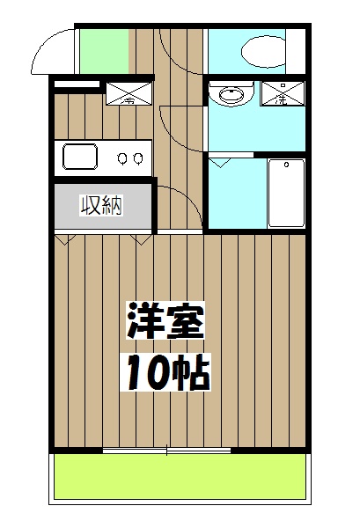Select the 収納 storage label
coord(102,207)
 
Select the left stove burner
coord(122,158)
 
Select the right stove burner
coord(138,158)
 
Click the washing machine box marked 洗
coord(283,93)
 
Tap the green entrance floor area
coord(104,52)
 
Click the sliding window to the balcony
coord(167,451)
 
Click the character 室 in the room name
coord(185,324)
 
